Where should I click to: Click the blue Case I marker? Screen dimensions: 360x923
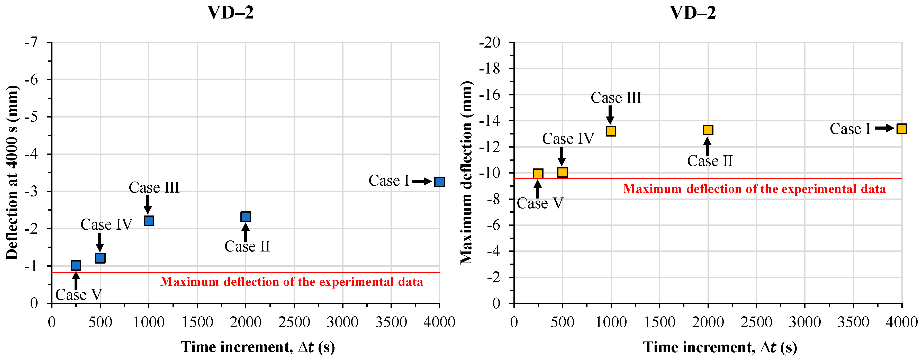point(439,182)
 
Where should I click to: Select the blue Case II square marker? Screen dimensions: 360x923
point(246,216)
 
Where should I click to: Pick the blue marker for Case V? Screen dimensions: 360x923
point(76,265)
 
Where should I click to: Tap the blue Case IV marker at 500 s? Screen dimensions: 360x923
point(100,258)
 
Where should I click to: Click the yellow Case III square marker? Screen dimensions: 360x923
point(611,131)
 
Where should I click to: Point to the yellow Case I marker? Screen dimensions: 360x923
point(901,129)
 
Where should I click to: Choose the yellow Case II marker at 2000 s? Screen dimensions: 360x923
point(708,130)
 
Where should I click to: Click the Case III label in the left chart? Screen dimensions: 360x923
point(154,188)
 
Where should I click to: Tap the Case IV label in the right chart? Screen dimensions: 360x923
point(568,139)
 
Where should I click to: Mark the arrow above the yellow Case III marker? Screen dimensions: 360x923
point(610,115)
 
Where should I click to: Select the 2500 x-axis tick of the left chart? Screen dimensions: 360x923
point(294,322)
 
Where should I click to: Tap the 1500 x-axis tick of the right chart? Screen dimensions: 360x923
point(659,322)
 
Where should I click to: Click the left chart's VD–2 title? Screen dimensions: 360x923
point(231,13)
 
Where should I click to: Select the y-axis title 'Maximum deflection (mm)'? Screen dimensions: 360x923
point(467,173)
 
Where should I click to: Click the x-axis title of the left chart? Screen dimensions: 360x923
point(258,347)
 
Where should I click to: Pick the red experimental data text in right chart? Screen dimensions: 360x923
point(754,189)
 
